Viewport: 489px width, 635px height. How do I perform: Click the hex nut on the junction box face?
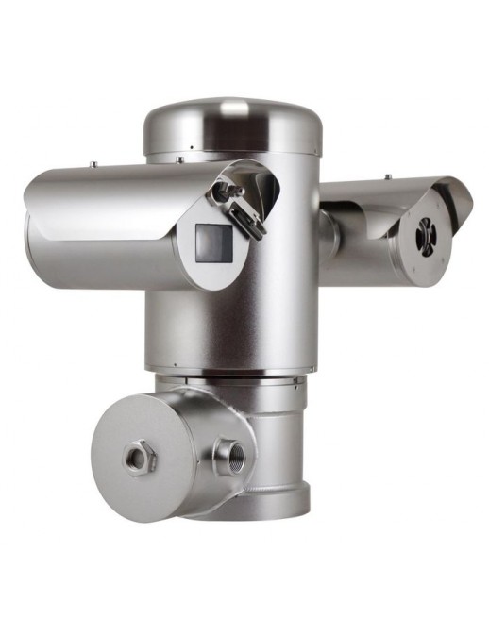tap(141, 458)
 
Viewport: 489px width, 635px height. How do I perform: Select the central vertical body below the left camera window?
tap(227, 326)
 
